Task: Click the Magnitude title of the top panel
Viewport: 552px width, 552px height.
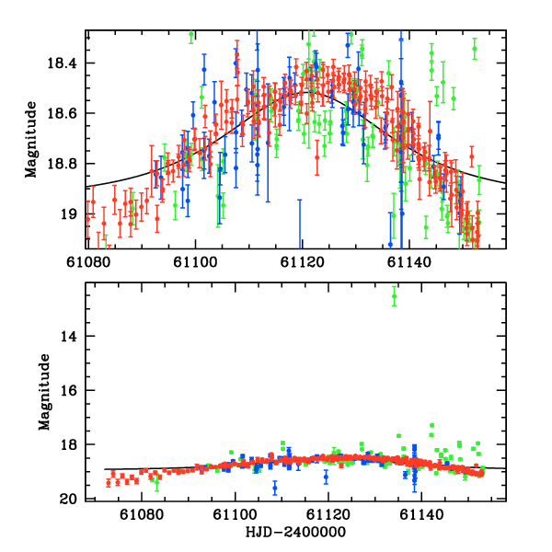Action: coord(31,138)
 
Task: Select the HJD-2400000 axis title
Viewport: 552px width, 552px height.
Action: coord(297,533)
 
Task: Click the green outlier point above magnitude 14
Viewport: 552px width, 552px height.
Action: coord(394,294)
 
